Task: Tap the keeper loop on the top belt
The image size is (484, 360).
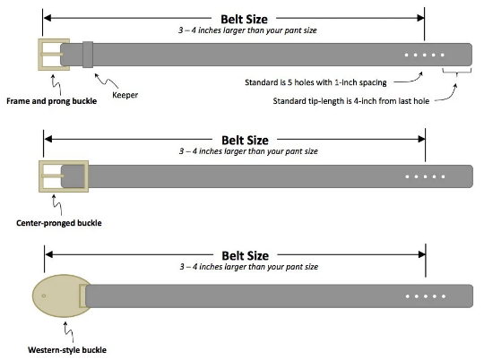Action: pos(88,55)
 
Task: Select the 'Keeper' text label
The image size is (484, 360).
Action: pos(125,93)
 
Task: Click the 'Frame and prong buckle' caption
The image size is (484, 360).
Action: pos(51,100)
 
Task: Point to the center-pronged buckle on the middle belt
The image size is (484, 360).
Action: pos(64,176)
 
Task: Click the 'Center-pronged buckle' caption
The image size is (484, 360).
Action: pos(58,222)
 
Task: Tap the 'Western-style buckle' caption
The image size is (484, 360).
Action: pos(62,349)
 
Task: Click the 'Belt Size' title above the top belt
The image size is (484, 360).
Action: pos(243,18)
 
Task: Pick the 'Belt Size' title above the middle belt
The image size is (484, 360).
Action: pos(243,140)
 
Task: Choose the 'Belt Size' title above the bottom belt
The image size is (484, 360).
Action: pos(243,256)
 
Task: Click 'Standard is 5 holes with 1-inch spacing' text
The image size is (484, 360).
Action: pos(315,82)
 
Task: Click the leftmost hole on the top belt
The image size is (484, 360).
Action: pos(406,56)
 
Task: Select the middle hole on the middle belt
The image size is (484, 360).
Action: pos(424,176)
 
